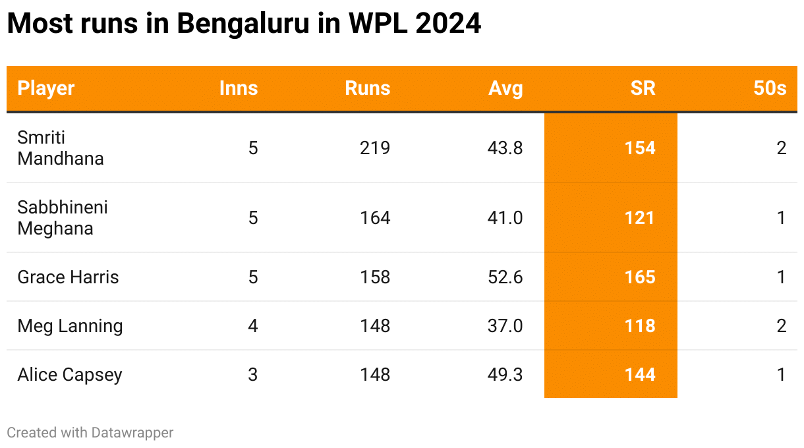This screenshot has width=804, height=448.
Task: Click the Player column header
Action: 46,88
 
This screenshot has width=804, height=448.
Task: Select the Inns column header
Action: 239,88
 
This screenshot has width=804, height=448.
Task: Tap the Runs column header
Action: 368,88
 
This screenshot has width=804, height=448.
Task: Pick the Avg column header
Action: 505,88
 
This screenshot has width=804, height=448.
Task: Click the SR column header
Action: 643,88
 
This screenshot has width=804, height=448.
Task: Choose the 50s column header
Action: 770,88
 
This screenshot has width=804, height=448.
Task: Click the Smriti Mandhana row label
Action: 61,148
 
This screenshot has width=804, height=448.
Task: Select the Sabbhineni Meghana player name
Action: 63,217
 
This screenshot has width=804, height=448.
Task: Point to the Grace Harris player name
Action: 68,277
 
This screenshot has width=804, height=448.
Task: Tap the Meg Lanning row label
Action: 70,325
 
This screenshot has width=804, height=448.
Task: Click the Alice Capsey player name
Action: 70,374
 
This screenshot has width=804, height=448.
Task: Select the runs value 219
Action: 375,148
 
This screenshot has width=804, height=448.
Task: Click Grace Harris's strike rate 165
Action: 640,277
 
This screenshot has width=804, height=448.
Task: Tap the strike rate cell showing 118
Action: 640,325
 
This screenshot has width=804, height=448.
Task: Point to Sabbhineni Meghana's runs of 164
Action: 375,217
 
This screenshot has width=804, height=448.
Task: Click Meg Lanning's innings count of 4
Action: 253,325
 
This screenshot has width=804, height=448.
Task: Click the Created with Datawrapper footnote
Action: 90,432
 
